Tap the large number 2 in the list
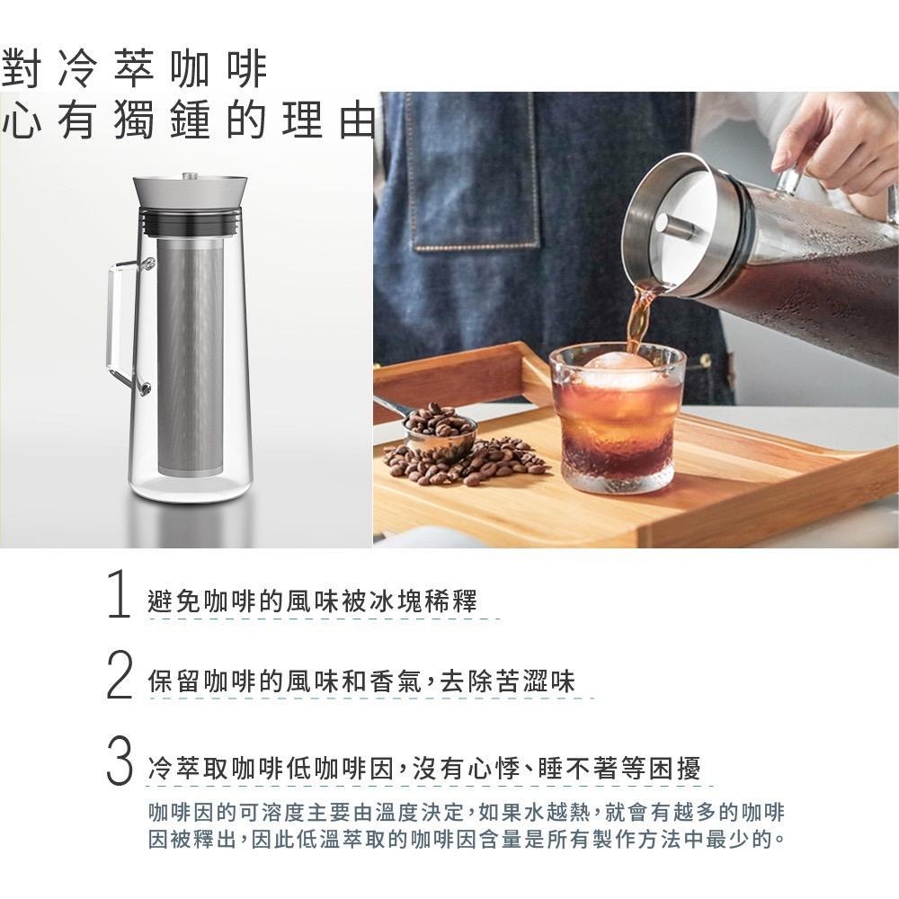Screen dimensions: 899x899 point(118,680)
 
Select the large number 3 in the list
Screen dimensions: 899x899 point(118,761)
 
